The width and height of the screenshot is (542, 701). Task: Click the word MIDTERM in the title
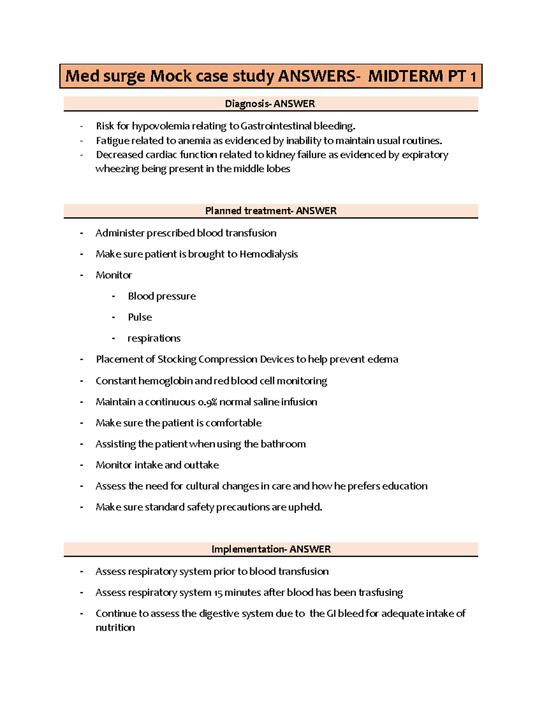pyautogui.click(x=405, y=76)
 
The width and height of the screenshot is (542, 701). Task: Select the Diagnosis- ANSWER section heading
pyautogui.click(x=270, y=104)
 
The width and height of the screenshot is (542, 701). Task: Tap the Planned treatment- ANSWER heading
pyautogui.click(x=271, y=211)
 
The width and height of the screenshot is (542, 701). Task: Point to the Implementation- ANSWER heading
pyautogui.click(x=271, y=549)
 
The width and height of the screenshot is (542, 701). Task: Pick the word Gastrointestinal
pyautogui.click(x=276, y=126)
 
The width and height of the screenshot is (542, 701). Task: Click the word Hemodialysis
pyautogui.click(x=268, y=254)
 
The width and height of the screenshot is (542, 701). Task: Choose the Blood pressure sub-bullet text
pyautogui.click(x=162, y=296)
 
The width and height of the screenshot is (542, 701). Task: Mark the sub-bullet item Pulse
pyautogui.click(x=140, y=317)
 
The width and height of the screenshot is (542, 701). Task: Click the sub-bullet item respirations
pyautogui.click(x=154, y=339)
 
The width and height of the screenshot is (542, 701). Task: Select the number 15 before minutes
pyautogui.click(x=218, y=593)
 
